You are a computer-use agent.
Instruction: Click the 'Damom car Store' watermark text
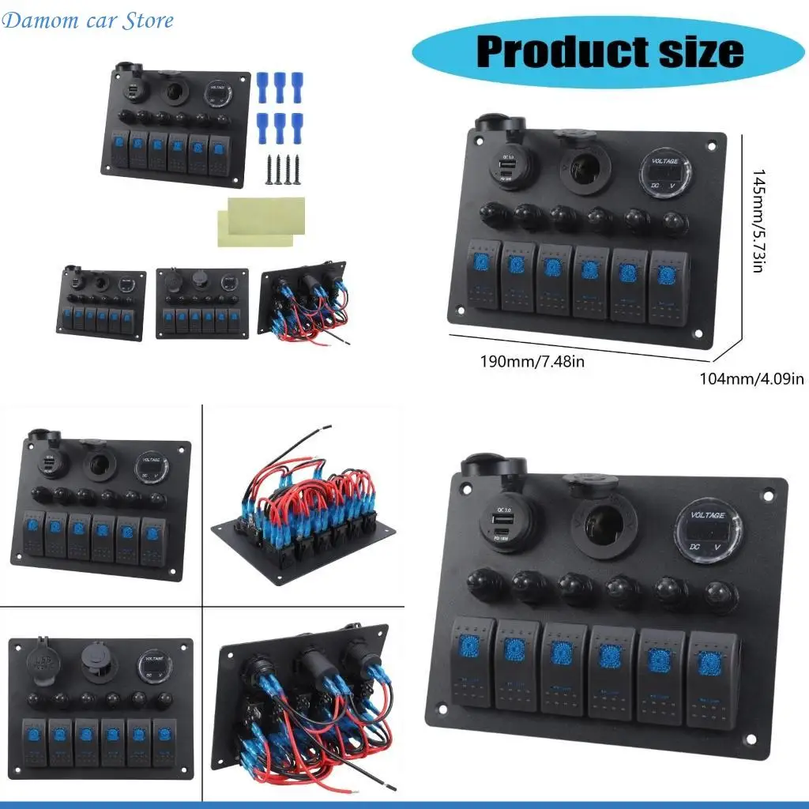pyautogui.click(x=88, y=21)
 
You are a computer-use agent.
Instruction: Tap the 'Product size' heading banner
pyautogui.click(x=609, y=51)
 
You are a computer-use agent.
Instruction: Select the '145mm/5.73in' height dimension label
pyautogui.click(x=758, y=221)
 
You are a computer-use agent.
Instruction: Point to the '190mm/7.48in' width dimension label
pyautogui.click(x=532, y=362)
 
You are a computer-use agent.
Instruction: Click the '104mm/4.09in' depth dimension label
pyautogui.click(x=751, y=378)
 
